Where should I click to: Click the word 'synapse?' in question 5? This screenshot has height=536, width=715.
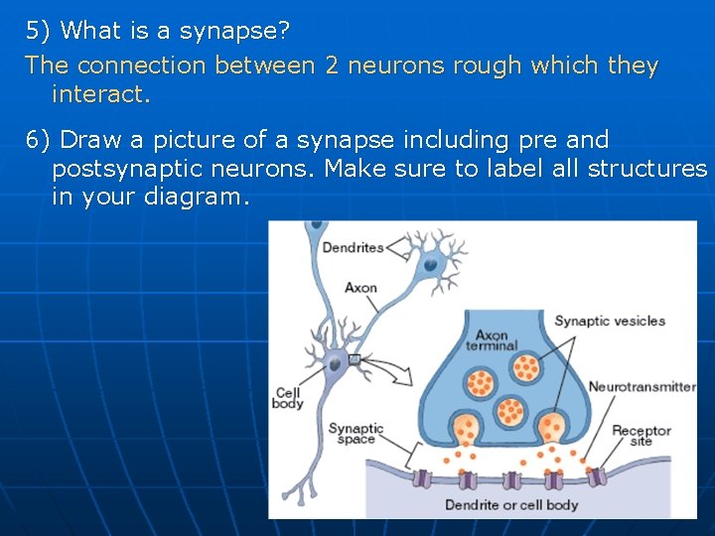point(234,31)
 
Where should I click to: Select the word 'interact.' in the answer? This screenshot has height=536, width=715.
point(100,94)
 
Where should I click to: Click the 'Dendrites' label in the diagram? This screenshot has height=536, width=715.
point(353,247)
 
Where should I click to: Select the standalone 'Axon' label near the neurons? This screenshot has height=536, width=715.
point(360,288)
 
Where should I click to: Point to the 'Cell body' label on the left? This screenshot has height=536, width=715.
point(288,398)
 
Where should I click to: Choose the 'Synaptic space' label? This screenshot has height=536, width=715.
point(355,433)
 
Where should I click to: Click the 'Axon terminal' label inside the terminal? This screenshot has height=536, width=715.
point(492,340)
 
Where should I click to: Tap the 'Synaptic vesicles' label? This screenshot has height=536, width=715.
point(609,321)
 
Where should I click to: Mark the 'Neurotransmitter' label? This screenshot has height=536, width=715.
point(642,386)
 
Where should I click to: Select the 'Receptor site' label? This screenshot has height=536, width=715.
point(641,435)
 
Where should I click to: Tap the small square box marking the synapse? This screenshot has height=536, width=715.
point(354,358)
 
